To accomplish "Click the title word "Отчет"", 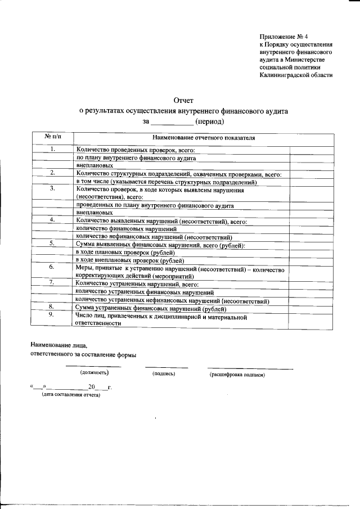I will click(183, 100).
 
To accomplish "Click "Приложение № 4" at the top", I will click(280, 36).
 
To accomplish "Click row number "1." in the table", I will click(52, 150).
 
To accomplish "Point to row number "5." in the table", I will click(52, 244).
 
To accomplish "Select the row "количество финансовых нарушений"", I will click(127, 229).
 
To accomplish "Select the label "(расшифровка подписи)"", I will click(237, 374).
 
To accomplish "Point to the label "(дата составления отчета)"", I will click(71, 395).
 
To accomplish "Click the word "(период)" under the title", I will click(209, 121).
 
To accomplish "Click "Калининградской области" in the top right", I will click(296, 75).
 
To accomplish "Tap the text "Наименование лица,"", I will click(59, 344).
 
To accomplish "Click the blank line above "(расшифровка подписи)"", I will click(250, 368).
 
